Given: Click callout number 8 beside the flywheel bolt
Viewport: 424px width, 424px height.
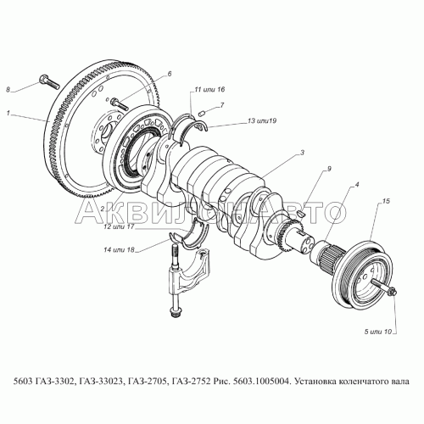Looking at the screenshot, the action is coord(8,90).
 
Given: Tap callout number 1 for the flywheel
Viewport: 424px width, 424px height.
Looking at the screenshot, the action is coord(8,114).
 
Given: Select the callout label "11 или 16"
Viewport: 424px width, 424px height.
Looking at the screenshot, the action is coord(209,89).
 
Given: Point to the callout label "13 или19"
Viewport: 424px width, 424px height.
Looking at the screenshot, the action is coord(262,120).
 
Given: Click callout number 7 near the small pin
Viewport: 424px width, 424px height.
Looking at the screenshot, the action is coord(222,105).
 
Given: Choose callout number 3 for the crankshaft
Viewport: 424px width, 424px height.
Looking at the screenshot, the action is coord(302,153).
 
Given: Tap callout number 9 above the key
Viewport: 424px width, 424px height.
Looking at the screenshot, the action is coord(329,169).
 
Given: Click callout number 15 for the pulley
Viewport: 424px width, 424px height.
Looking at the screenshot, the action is coord(386,201).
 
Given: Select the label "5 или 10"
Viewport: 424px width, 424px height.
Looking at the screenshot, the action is coord(378,332).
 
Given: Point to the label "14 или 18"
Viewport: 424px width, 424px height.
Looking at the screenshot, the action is coord(119,250).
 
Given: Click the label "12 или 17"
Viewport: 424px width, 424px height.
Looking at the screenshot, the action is coord(119,227).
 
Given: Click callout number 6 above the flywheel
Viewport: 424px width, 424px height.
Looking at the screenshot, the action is coord(170,74).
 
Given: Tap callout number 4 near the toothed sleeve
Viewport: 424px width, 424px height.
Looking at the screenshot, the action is coord(357,185).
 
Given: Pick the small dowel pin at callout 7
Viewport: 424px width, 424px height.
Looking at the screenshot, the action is coord(203,114).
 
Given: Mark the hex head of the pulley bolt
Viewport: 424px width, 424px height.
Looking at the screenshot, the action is coord(393,290).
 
